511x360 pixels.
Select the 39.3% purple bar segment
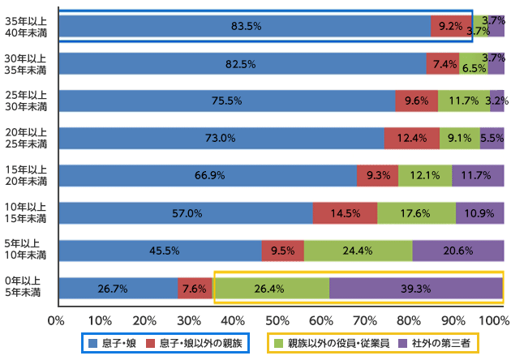(416, 288)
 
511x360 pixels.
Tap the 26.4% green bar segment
(271, 288)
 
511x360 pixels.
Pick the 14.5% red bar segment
(345, 213)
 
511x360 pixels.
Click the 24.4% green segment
(358, 251)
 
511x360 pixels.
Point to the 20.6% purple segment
(457, 251)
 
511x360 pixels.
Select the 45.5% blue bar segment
(160, 251)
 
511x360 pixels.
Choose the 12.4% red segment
(412, 139)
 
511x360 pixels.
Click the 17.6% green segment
(416, 213)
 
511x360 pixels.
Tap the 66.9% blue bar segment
(207, 176)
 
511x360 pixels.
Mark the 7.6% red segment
(195, 288)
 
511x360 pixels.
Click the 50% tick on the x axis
(280, 319)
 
